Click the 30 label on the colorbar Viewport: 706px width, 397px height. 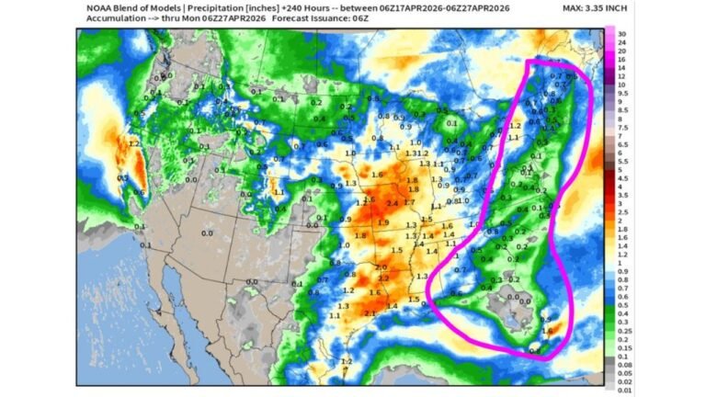621,34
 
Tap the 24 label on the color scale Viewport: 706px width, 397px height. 621,43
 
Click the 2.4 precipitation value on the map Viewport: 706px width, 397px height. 392,203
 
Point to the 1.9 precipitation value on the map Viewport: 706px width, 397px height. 382,222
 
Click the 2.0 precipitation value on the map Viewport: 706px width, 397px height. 381,267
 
